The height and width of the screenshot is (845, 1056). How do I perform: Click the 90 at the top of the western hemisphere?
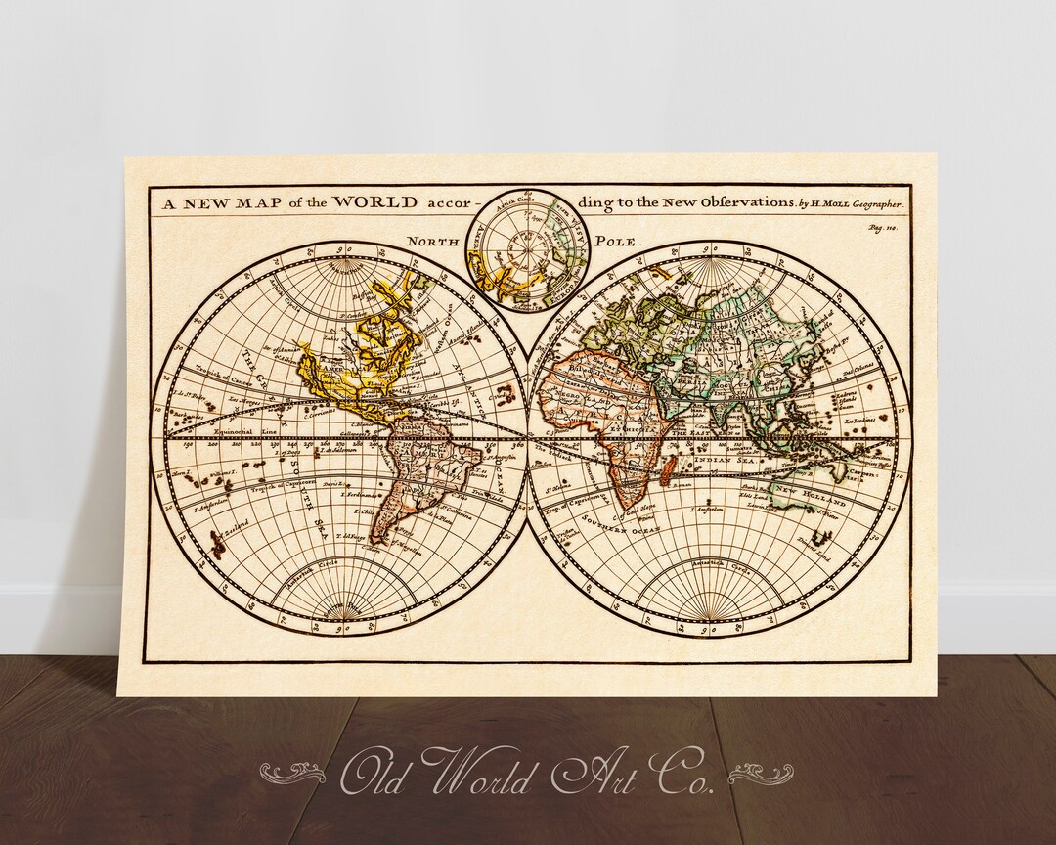(341, 249)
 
